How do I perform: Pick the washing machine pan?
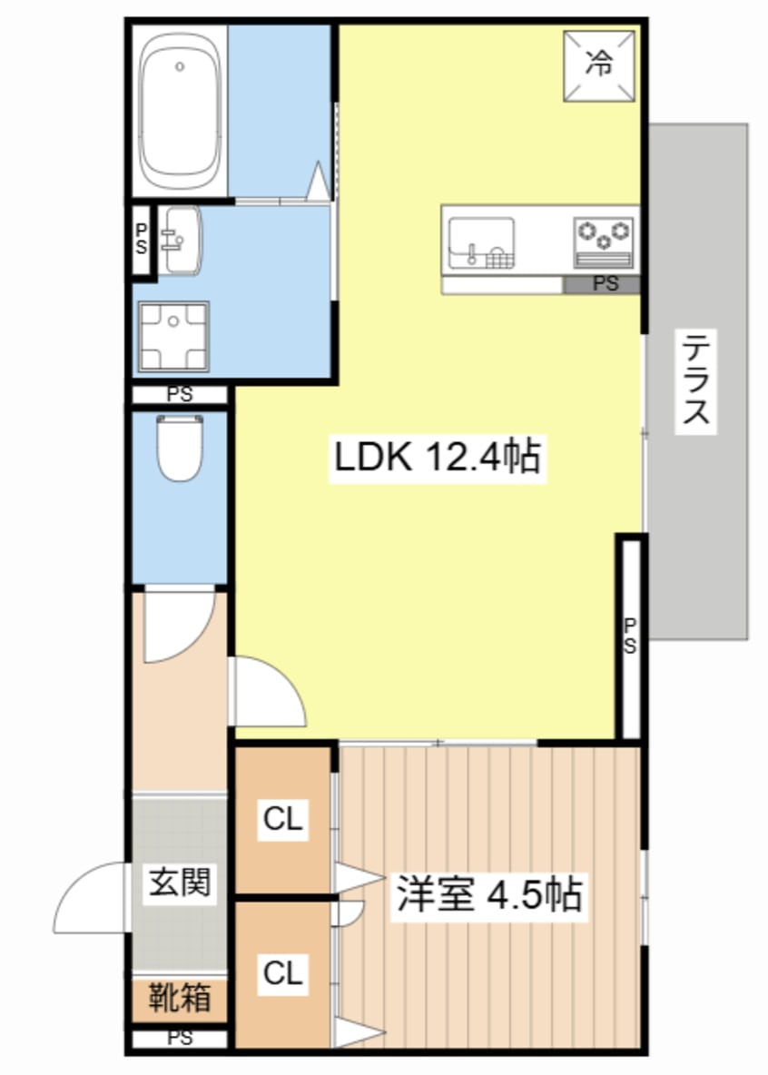[x=173, y=337]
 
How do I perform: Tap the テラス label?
[x=696, y=380]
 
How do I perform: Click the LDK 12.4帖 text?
[x=438, y=458]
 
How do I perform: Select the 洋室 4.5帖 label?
[x=487, y=894]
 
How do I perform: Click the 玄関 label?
[x=181, y=882]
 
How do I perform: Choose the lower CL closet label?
[x=282, y=974]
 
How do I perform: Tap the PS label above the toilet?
[x=179, y=395]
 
